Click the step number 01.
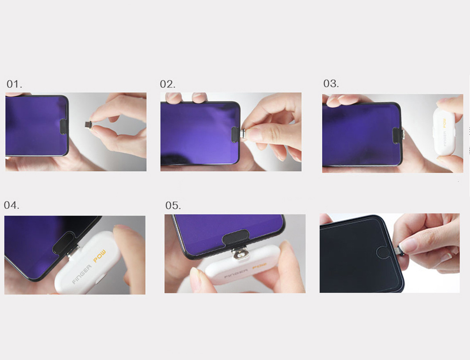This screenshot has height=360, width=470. pyautogui.click(x=14, y=84)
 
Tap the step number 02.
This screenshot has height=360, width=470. pyautogui.click(x=168, y=84)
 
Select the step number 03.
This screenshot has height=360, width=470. pyautogui.click(x=331, y=84)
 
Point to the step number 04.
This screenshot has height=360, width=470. pyautogui.click(x=12, y=205)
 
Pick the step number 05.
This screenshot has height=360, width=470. pyautogui.click(x=173, y=206)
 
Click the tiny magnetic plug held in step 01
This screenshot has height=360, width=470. pyautogui.click(x=88, y=124)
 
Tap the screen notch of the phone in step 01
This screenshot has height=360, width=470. pyautogui.click(x=64, y=127)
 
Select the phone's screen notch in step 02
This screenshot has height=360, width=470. pyautogui.click(x=235, y=134)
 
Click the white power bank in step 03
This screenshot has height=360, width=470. pyautogui.click(x=444, y=131)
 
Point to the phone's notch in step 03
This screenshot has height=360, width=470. pyautogui.click(x=397, y=136)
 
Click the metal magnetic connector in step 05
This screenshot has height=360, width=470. pyautogui.click(x=240, y=254)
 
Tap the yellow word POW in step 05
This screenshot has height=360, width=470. pyautogui.click(x=259, y=266)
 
